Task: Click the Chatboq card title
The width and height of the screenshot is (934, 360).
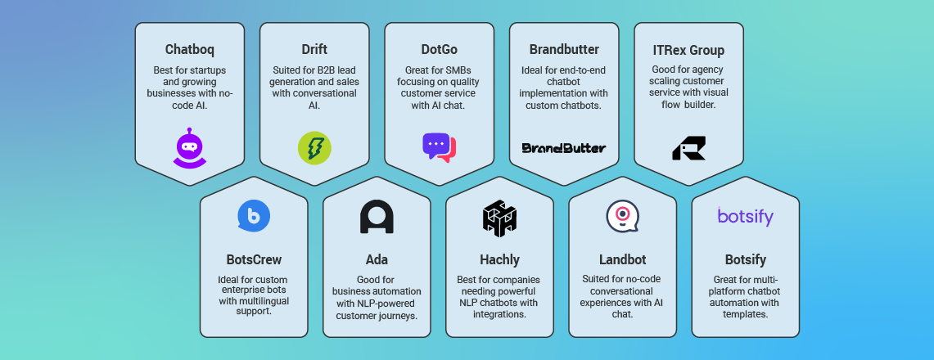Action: click(190, 50)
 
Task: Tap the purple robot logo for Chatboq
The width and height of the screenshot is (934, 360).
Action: click(190, 148)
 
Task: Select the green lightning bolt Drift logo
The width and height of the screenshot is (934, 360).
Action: click(314, 147)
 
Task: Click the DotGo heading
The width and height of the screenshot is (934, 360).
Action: click(439, 50)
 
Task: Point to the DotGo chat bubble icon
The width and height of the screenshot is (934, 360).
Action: click(439, 147)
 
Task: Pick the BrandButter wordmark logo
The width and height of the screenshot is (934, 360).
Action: click(564, 148)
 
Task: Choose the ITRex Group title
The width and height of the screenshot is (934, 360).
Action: click(688, 50)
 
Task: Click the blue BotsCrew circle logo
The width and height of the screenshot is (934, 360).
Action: click(254, 216)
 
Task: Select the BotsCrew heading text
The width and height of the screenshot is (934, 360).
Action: click(254, 260)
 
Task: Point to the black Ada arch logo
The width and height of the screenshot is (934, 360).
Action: click(377, 217)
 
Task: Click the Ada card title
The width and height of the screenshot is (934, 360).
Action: click(377, 260)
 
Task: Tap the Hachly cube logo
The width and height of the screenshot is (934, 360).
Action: click(499, 218)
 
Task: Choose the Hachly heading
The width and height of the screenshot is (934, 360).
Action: click(499, 260)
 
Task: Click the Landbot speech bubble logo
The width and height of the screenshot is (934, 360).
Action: click(622, 216)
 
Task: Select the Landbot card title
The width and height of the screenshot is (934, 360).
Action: click(622, 260)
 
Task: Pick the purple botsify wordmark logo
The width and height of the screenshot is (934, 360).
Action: click(745, 216)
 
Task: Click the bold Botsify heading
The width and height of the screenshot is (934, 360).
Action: click(745, 260)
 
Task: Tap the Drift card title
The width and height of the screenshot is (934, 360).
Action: click(314, 50)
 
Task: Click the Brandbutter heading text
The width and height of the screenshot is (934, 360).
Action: click(564, 50)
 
